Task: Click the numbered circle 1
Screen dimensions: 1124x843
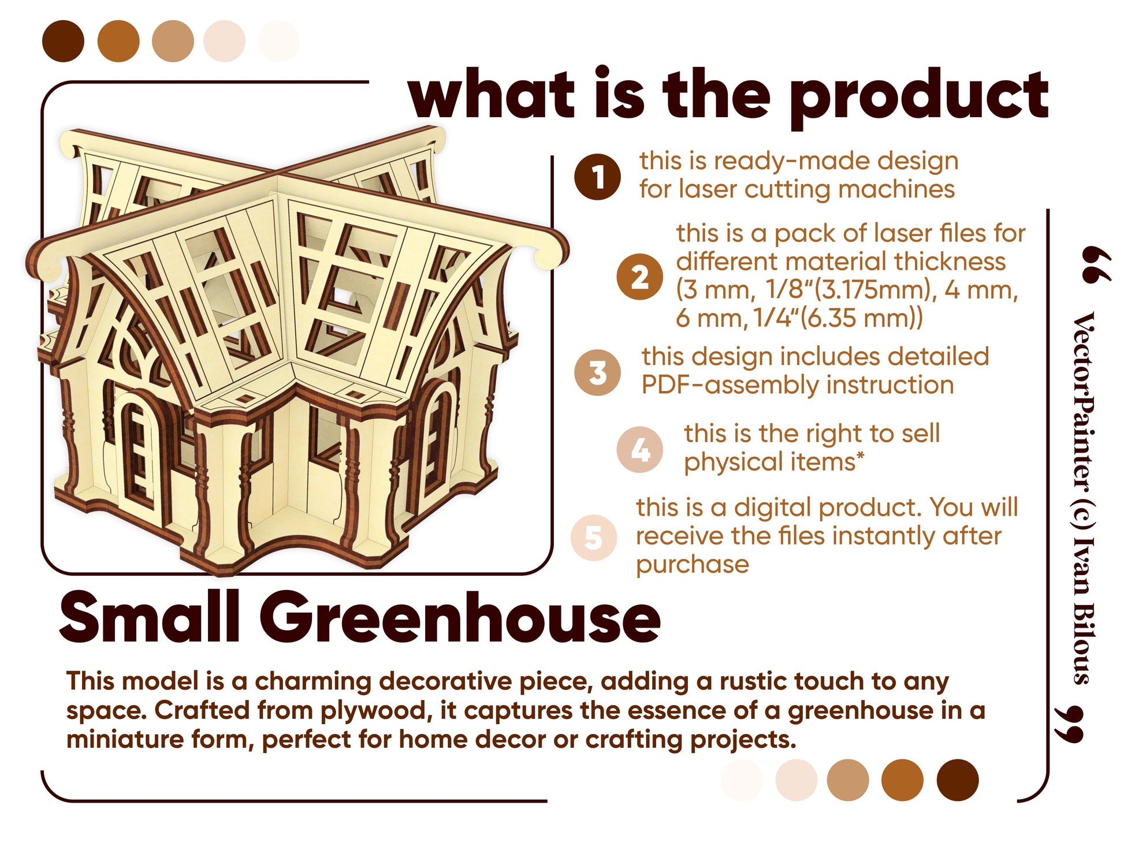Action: pyautogui.click(x=597, y=177)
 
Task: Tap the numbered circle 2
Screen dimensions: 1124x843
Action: pyautogui.click(x=639, y=277)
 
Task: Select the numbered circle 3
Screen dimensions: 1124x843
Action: pyautogui.click(x=597, y=372)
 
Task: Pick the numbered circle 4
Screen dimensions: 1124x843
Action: pyautogui.click(x=639, y=449)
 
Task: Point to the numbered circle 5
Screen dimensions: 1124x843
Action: pyautogui.click(x=594, y=538)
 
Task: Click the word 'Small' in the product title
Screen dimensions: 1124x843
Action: pyautogui.click(x=150, y=617)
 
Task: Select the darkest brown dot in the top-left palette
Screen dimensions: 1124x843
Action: pyautogui.click(x=64, y=41)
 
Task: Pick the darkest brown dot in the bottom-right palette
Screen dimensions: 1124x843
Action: pyautogui.click(x=958, y=780)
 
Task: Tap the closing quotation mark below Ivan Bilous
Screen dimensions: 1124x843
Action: pyautogui.click(x=1068, y=724)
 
